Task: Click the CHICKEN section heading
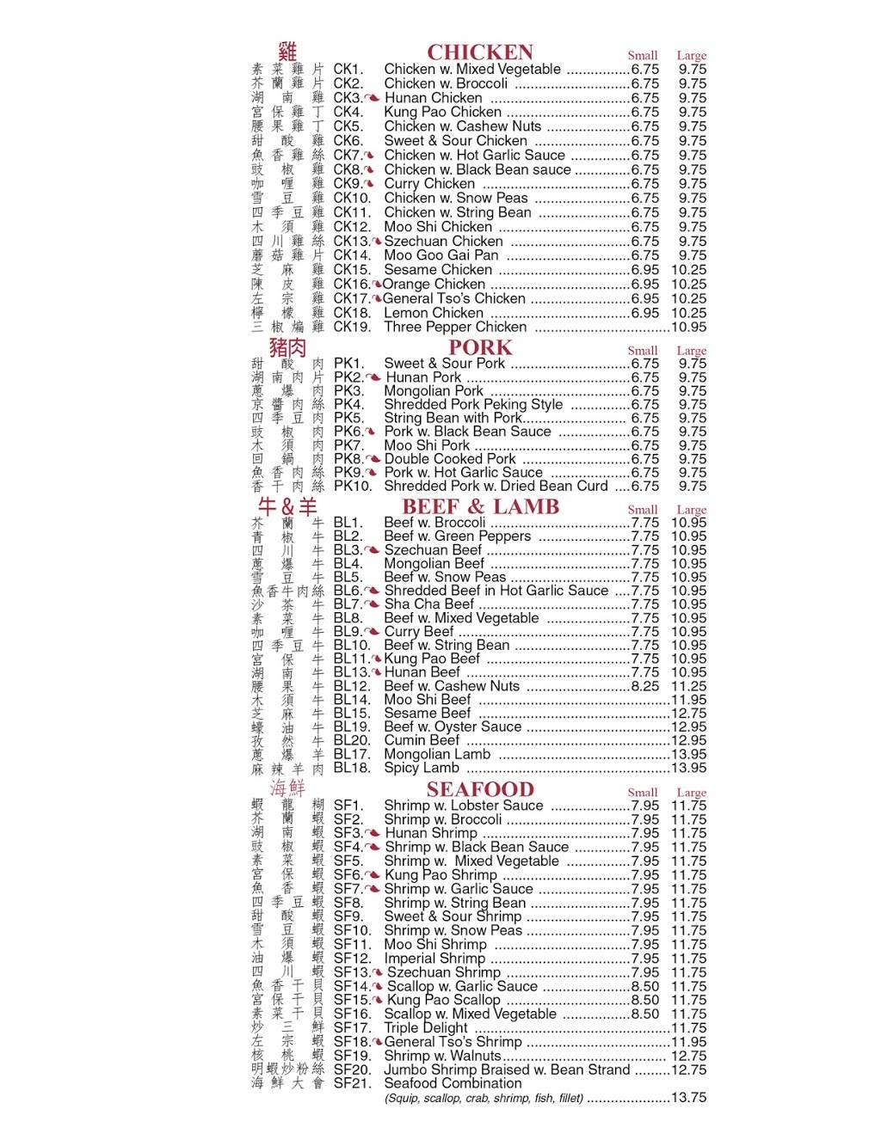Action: click(x=480, y=52)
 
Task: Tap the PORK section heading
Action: click(x=480, y=348)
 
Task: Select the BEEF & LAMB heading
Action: click(x=480, y=507)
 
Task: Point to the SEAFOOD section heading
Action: click(x=480, y=789)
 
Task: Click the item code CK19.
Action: click(x=352, y=327)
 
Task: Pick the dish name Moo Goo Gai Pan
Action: click(x=440, y=255)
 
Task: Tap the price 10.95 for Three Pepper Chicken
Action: click(x=688, y=327)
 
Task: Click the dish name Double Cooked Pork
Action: click(x=450, y=459)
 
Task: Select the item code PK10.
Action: click(x=353, y=486)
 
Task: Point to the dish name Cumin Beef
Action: click(x=422, y=740)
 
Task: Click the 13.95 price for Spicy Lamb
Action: click(x=688, y=768)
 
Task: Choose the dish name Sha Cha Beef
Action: click(x=429, y=604)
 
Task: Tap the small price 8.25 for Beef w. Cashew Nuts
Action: click(x=645, y=686)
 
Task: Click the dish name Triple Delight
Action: click(x=426, y=1028)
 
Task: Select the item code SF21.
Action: click(x=352, y=1083)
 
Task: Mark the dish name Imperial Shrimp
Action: click(x=434, y=959)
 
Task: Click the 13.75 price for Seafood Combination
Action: click(x=688, y=1098)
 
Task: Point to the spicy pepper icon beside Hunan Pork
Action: click(x=373, y=377)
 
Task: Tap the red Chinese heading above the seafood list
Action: click(x=287, y=788)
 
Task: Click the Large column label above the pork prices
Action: click(x=691, y=351)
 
